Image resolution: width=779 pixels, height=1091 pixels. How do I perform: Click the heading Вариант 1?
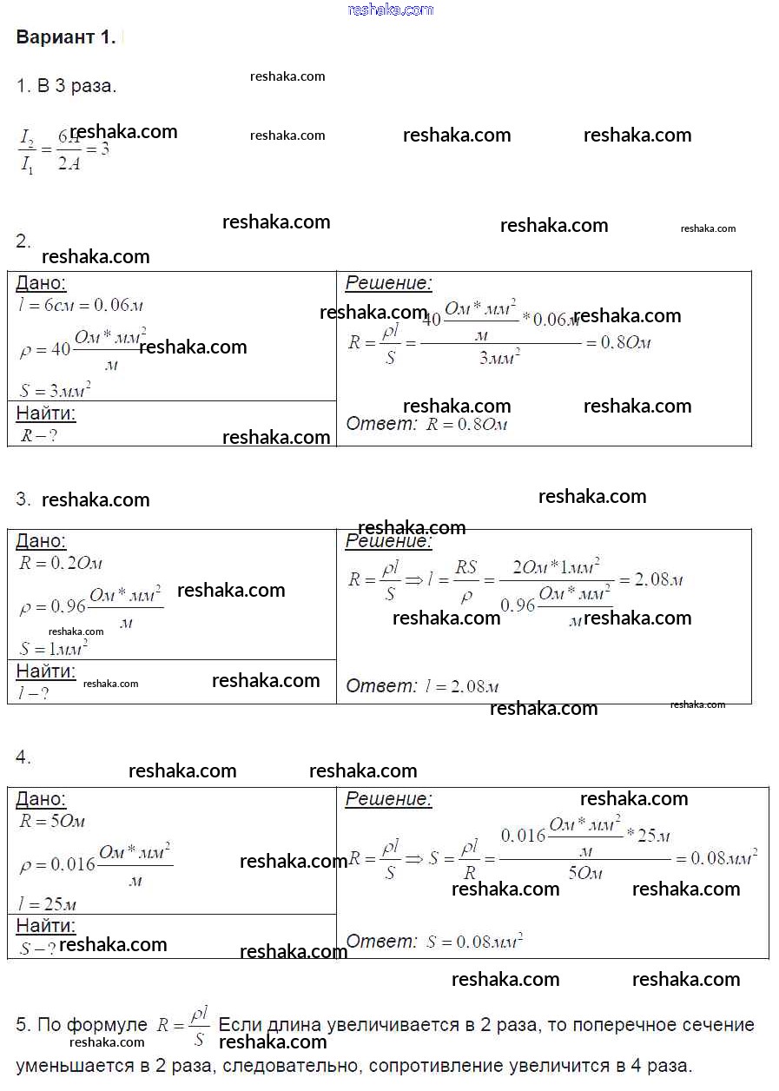[x=65, y=37]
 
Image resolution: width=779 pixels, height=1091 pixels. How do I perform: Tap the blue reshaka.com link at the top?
[x=390, y=10]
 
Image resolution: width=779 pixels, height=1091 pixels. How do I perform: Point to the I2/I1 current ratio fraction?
[x=30, y=150]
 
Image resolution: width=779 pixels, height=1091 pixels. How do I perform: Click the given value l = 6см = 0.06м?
[x=80, y=305]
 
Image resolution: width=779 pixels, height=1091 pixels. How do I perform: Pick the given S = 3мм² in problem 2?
[x=55, y=390]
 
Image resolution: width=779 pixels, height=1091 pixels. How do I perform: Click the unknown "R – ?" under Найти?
[x=38, y=436]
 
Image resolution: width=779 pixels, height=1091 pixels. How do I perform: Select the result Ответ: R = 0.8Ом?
[x=426, y=425]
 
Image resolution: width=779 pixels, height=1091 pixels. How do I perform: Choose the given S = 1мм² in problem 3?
[x=53, y=648]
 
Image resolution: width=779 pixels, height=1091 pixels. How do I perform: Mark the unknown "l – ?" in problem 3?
[x=33, y=693]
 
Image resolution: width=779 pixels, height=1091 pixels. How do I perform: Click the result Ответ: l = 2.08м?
[x=422, y=686]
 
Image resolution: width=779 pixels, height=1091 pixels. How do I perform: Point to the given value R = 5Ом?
[x=52, y=821]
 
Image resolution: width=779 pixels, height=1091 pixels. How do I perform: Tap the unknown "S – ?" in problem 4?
[x=36, y=949]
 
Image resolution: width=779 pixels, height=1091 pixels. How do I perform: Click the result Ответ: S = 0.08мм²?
[x=433, y=942]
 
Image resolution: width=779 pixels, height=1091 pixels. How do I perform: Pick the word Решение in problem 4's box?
[x=388, y=799]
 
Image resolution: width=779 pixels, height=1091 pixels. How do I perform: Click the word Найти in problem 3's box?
[x=46, y=671]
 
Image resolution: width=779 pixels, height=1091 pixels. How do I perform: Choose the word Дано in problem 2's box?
[x=41, y=283]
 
